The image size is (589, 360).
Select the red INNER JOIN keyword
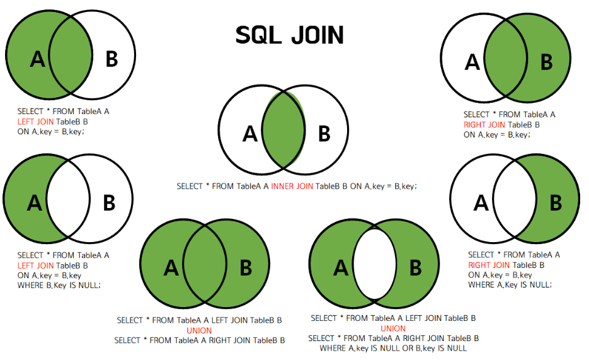click(292, 187)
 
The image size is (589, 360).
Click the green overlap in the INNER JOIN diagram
click(283, 132)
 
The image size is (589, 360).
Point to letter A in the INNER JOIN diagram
click(250, 134)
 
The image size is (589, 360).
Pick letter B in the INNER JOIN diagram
click(324, 134)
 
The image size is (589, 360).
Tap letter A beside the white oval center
click(341, 268)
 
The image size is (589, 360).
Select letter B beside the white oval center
click(415, 268)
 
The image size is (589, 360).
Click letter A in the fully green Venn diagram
click(171, 268)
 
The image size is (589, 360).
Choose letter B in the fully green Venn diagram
click(246, 268)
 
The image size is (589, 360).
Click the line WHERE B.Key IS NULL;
click(59, 286)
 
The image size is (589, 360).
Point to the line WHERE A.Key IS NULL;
click(510, 285)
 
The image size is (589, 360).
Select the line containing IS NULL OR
click(392, 348)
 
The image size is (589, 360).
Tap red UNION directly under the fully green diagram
click(199, 330)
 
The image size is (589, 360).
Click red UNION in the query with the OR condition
click(393, 328)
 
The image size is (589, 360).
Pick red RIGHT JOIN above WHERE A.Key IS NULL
click(489, 265)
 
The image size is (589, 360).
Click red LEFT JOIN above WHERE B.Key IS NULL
click(35, 265)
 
